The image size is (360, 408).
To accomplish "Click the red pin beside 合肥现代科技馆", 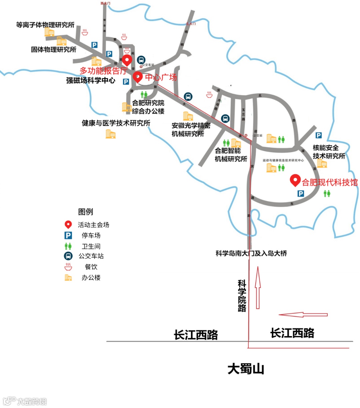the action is (295, 180).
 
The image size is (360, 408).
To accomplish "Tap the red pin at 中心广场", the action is (138, 77).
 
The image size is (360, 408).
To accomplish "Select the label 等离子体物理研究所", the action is (45, 25).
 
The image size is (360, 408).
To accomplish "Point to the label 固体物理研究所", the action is (54, 50).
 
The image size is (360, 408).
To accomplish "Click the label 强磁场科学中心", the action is (91, 80).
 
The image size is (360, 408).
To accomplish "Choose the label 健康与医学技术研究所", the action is (116, 123).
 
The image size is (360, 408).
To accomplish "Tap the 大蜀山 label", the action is (246, 369).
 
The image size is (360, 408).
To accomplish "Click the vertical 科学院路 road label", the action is (242, 296).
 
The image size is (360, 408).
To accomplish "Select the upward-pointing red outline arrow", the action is (257, 287).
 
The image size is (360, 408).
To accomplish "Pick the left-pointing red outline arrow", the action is (303, 315).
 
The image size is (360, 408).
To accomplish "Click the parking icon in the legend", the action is (68, 235).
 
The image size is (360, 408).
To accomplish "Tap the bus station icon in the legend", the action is (68, 256).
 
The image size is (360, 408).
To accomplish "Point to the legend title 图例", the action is (85, 212).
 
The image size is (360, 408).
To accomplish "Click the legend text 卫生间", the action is (91, 246).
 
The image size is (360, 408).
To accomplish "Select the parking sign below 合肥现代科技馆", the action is (301, 194).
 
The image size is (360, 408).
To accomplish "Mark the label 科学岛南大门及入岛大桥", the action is (251, 253).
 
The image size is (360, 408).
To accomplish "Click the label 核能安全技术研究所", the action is (328, 152).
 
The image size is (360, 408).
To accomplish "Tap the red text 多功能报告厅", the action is (103, 71).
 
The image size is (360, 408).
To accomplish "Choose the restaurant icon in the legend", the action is (68, 267).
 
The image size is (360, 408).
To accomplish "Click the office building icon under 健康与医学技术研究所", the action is (110, 134).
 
